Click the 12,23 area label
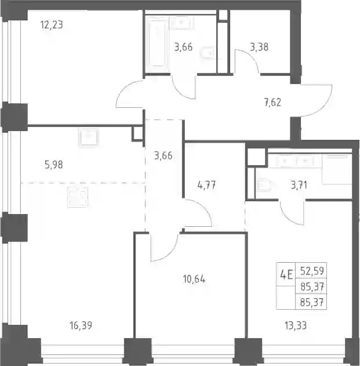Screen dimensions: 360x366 [52, 25]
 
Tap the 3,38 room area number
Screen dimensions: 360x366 [259, 47]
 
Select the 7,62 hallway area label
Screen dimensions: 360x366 [272, 103]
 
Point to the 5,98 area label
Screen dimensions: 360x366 [54, 165]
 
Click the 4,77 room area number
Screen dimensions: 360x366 [206, 186]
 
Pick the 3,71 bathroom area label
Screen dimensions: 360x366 [299, 186]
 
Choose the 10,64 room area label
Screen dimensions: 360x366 [194, 279]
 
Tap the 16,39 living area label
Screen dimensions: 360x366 [81, 325]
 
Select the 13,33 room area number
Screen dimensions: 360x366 [296, 325]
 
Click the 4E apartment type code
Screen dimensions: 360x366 [286, 275]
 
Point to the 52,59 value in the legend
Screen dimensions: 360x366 [312, 271]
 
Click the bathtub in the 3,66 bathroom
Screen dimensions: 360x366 [157, 44]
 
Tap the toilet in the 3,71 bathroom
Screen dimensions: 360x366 [264, 186]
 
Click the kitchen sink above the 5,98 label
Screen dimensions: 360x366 [89, 137]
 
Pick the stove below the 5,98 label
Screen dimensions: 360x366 [78, 197]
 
